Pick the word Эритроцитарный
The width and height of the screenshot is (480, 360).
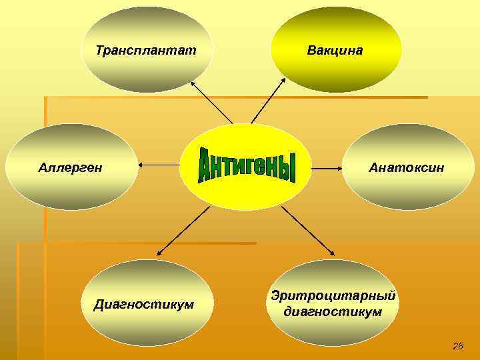point(333,296)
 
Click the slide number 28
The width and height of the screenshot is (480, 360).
point(457,345)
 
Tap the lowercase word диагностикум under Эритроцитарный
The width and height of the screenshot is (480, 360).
point(333,311)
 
